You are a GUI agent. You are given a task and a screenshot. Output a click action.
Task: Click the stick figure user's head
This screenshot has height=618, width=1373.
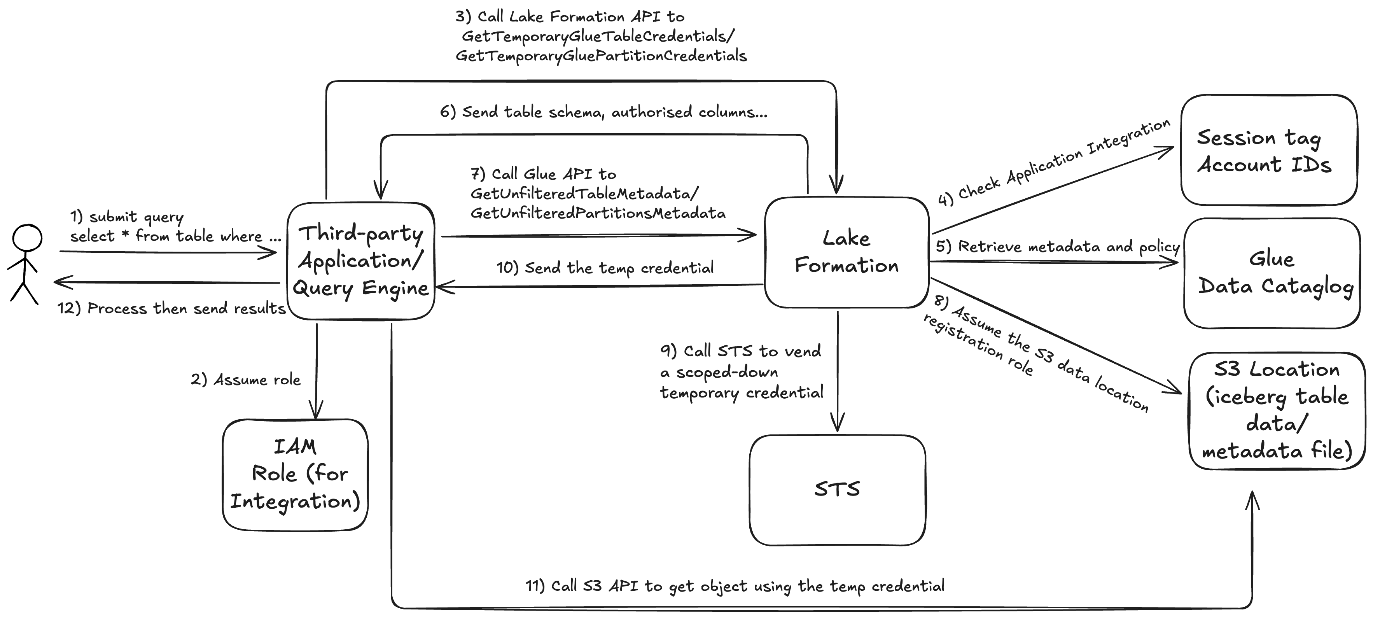[27, 238]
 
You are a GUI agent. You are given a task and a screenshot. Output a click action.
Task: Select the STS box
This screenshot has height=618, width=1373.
[837, 490]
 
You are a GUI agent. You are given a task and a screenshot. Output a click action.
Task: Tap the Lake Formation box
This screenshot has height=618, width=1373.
[847, 252]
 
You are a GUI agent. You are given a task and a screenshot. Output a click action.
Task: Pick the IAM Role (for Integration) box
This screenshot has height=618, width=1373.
[295, 474]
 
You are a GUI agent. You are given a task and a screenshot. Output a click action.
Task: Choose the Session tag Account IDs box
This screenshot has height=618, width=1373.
[1268, 151]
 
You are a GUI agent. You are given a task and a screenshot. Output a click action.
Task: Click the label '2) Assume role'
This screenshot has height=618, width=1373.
[246, 380]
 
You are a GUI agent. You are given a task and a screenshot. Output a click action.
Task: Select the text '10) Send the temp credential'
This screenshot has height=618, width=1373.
[605, 268]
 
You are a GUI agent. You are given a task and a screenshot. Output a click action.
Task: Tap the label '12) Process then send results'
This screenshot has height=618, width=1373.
[171, 308]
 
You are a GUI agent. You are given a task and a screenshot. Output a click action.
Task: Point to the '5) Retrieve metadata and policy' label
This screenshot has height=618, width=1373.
[1058, 246]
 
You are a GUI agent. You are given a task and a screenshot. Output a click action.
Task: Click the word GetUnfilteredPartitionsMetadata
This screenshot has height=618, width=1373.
[598, 213]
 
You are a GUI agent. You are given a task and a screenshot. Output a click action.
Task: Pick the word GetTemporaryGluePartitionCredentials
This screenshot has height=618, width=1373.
[601, 56]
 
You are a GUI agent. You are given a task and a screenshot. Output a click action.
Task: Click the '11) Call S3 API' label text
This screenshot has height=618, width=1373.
[735, 586]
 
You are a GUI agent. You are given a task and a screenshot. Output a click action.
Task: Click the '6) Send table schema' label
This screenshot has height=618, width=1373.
[603, 112]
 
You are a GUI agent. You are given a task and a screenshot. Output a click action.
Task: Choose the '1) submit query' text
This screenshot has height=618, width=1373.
[127, 217]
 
